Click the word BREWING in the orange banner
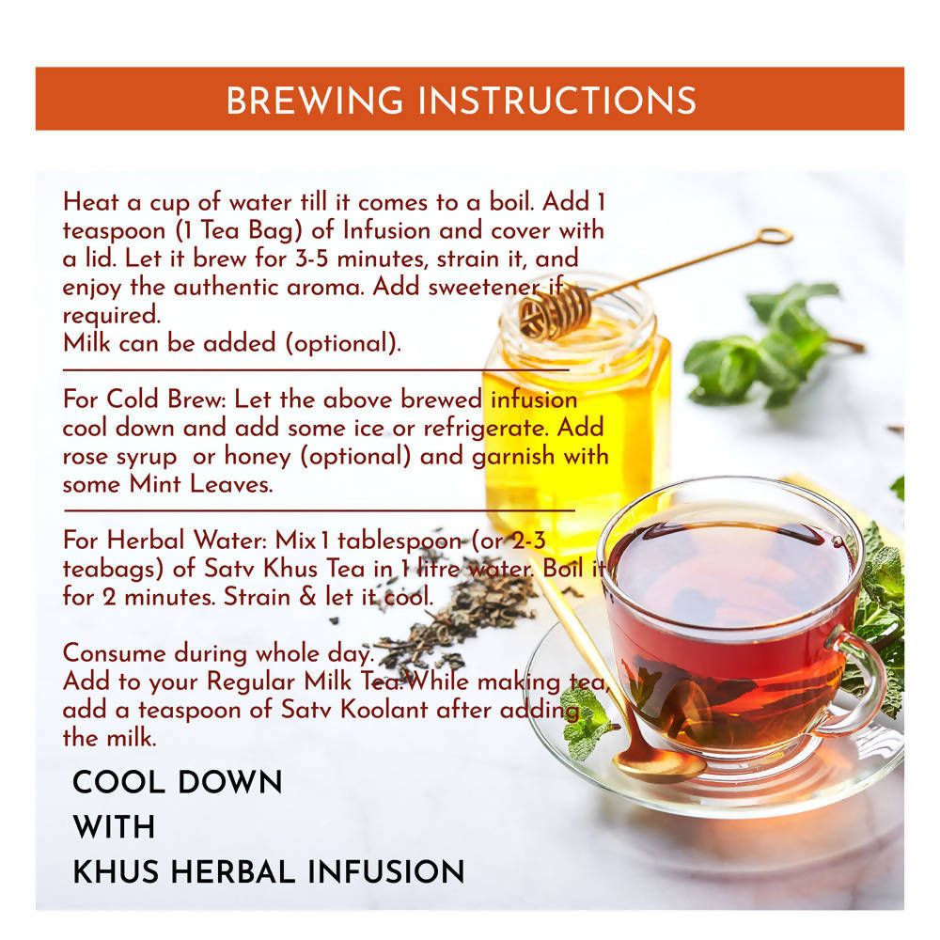pos(314,101)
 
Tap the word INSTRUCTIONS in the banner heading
pos(556,101)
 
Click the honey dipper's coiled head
pos(555,311)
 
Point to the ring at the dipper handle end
pos(775,236)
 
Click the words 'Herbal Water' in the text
pos(186,540)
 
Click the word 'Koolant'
pos(384,710)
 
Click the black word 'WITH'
pos(114,827)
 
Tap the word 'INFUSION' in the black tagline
pos(386,871)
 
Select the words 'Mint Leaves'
pos(201,484)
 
